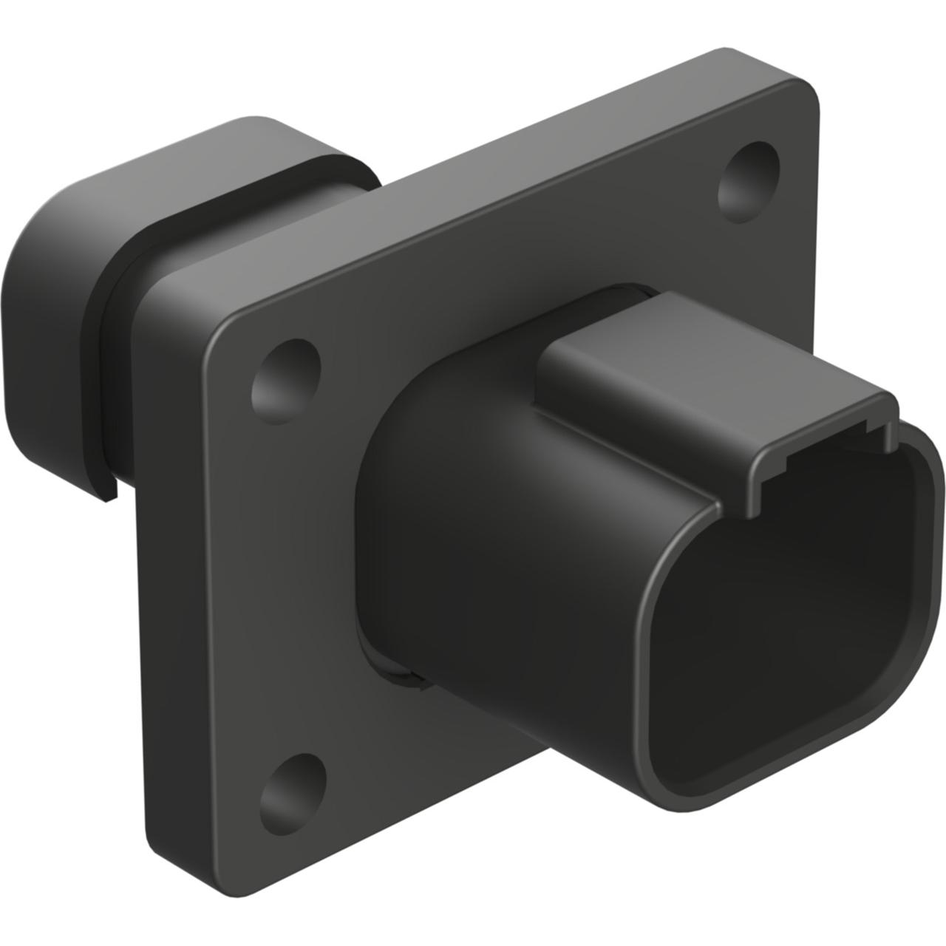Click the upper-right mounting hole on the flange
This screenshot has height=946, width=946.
(x=749, y=175)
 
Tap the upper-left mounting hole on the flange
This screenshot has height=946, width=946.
(x=286, y=376)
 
